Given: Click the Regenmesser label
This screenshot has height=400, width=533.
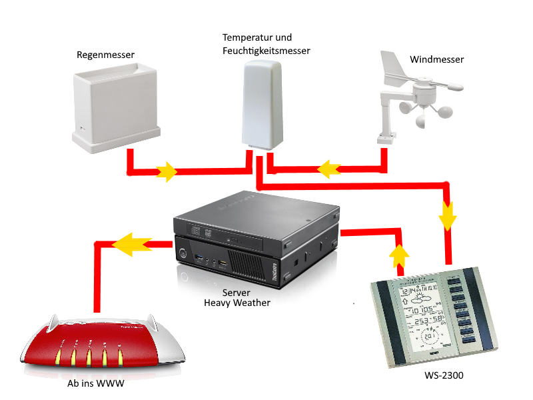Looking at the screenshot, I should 105,54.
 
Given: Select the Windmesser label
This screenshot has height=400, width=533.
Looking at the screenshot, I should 436,59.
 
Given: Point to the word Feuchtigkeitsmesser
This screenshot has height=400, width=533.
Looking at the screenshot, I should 266,51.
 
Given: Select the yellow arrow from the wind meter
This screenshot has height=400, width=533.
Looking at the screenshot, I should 327,169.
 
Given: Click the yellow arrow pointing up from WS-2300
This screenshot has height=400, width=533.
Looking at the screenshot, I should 399,255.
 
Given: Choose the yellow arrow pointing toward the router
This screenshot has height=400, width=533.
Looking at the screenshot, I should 131,244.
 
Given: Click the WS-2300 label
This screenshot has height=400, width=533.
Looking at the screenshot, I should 443,376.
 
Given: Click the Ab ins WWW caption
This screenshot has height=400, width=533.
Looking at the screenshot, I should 95,384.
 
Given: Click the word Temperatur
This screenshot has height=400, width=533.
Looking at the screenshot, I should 248,37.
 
